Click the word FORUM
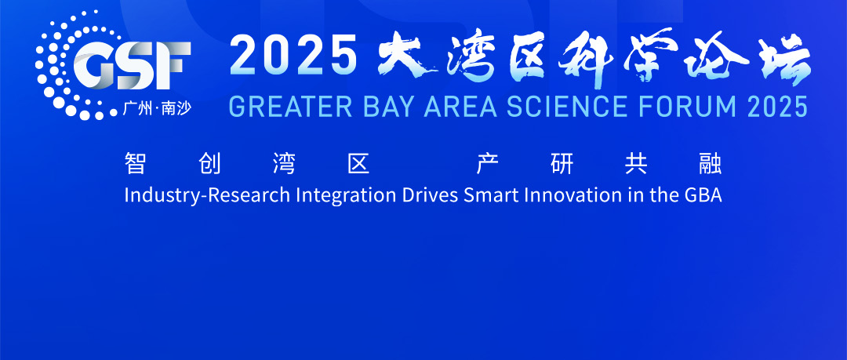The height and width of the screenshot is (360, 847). click(x=685, y=106)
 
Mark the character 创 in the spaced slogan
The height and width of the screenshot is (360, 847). click(x=209, y=163)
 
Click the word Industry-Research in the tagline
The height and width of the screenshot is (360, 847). click(x=207, y=195)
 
